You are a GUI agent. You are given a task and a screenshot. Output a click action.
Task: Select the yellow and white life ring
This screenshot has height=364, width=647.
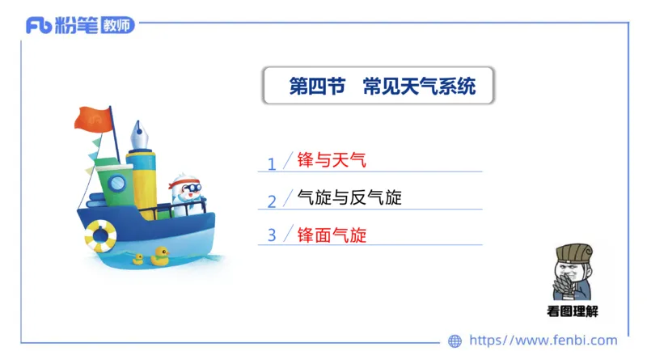point(100,235)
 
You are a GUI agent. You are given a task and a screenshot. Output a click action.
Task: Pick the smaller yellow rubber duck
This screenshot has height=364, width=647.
point(138,259)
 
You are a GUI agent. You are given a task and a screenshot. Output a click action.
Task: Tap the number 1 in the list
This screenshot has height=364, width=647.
point(272,163)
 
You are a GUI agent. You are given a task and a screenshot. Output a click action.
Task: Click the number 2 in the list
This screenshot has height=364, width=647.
point(272,201)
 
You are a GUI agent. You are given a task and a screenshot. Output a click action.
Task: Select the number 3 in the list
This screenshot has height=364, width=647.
point(272,235)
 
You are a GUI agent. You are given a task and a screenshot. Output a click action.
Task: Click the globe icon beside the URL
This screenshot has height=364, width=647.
point(455,341)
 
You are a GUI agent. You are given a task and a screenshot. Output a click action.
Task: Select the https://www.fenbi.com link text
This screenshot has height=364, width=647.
point(543,341)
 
